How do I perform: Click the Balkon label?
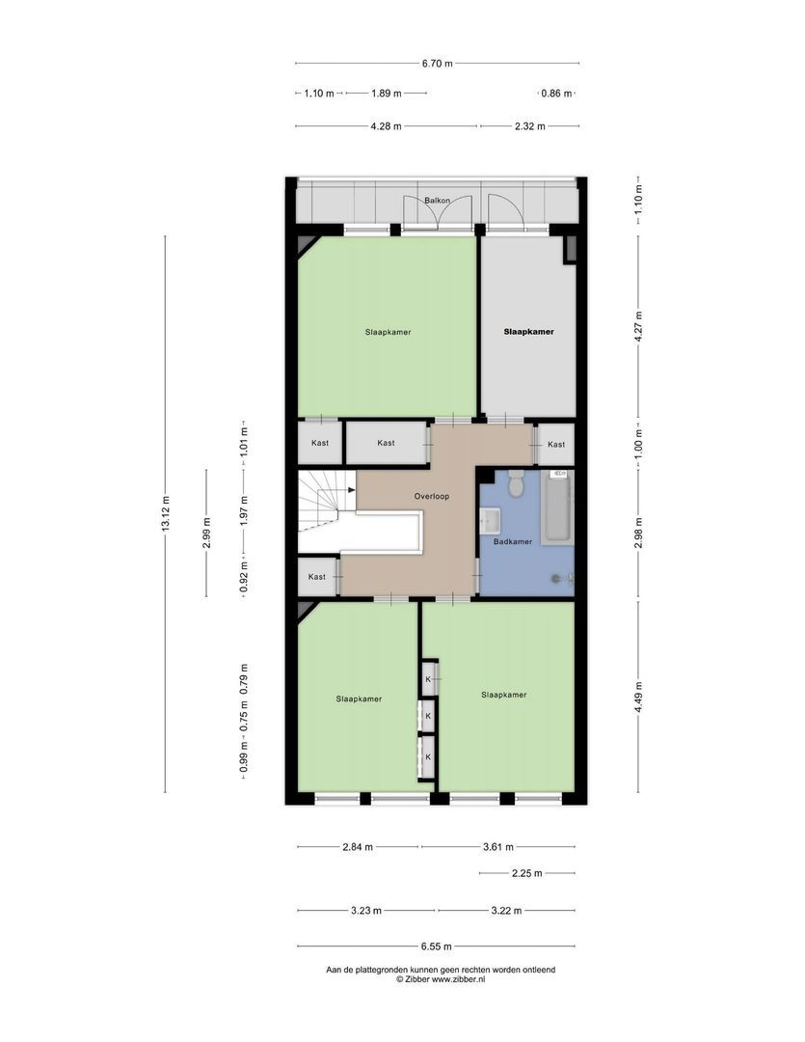click(x=437, y=200)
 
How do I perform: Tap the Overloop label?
click(x=432, y=497)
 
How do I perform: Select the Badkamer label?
click(x=512, y=541)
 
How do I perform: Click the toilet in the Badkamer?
click(x=516, y=483)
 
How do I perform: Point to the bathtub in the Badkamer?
click(x=557, y=507)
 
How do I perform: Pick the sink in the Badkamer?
click(x=490, y=520)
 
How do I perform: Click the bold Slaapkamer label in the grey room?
click(x=528, y=332)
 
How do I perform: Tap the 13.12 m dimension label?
click(x=166, y=513)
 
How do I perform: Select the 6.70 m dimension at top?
click(x=437, y=64)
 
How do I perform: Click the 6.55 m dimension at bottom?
click(x=437, y=946)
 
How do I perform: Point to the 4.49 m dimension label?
click(x=638, y=698)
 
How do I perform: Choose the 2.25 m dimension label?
click(x=526, y=873)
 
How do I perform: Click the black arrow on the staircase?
click(x=351, y=490)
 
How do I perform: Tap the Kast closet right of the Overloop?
click(x=556, y=444)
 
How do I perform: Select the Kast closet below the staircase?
click(x=317, y=576)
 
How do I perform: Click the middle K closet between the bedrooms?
click(x=428, y=716)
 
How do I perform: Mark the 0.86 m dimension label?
click(x=556, y=94)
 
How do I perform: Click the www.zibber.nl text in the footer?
click(x=458, y=979)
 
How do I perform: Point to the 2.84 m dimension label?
click(x=358, y=847)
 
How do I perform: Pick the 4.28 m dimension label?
click(x=386, y=126)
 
